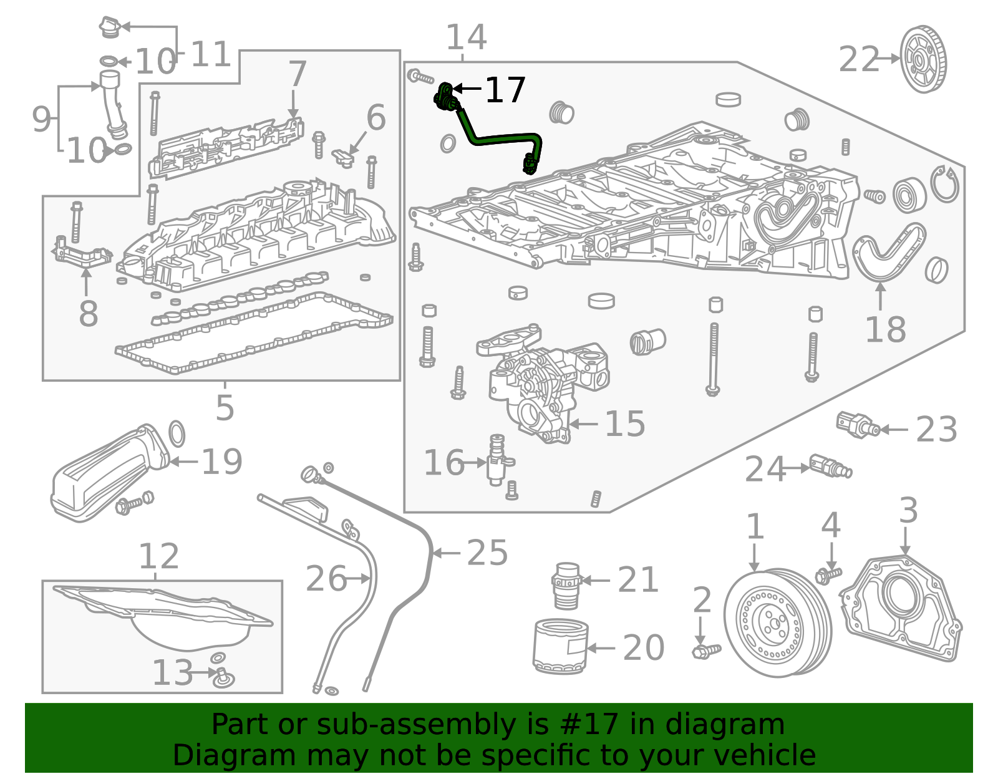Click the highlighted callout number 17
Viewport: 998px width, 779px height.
(505, 90)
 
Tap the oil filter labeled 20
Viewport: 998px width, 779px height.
(560, 646)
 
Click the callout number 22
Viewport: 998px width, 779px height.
(858, 60)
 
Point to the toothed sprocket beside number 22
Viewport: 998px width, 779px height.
(923, 60)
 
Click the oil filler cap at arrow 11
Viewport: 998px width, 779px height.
(109, 27)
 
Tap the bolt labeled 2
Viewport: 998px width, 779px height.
(705, 651)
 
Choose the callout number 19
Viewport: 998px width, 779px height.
(221, 462)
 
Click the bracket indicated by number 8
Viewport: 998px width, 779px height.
(80, 254)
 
